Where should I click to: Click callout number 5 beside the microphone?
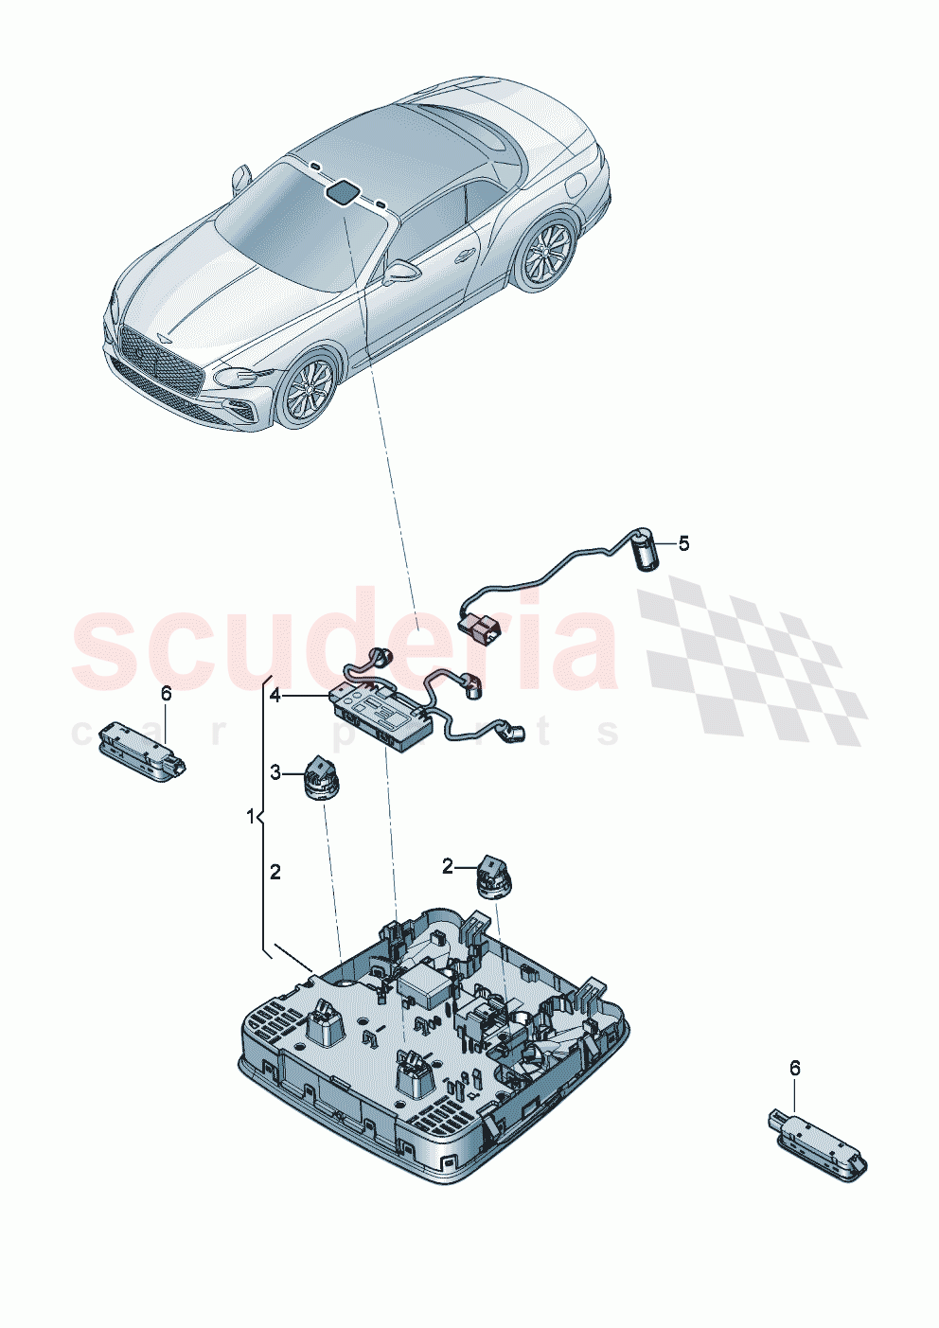(x=683, y=543)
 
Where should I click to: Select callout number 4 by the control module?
(x=275, y=696)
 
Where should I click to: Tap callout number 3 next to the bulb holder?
(x=275, y=773)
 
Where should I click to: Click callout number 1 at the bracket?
(x=251, y=816)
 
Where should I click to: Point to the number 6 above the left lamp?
(x=167, y=694)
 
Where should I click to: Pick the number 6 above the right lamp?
(x=794, y=1068)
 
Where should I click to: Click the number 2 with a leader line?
(x=449, y=864)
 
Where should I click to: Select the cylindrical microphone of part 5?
(x=645, y=553)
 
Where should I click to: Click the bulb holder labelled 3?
(x=320, y=779)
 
